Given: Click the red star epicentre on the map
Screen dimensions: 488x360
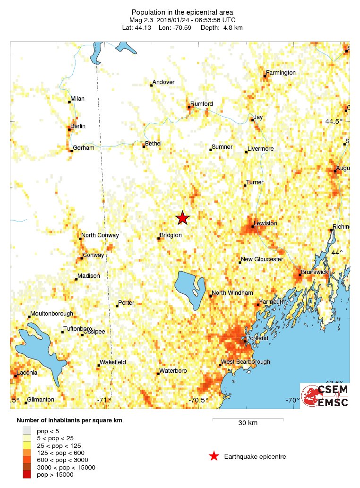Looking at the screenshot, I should (182, 218).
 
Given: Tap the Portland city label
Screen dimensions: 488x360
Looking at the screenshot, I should (257, 338).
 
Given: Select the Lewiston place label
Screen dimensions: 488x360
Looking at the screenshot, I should (265, 223).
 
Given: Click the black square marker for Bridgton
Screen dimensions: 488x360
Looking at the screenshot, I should (159, 239).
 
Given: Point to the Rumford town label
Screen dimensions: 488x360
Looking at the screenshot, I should (201, 104).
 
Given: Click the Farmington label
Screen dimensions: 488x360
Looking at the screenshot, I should (281, 73).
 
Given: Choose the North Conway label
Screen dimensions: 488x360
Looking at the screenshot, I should (100, 235).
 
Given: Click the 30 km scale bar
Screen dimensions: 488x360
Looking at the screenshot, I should (248, 420).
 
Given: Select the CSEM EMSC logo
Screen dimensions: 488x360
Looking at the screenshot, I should (325, 396).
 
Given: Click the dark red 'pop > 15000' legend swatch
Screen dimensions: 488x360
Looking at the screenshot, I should (27, 474).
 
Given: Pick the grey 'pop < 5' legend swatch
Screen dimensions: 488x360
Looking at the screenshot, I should (27, 430).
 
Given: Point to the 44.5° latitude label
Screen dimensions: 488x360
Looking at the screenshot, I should (334, 121).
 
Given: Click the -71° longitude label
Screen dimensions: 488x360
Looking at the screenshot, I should (104, 400).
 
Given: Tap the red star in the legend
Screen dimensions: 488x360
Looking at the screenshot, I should (214, 456).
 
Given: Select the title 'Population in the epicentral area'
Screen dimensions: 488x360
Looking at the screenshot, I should (182, 12).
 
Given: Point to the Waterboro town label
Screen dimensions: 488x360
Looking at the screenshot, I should (173, 371).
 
